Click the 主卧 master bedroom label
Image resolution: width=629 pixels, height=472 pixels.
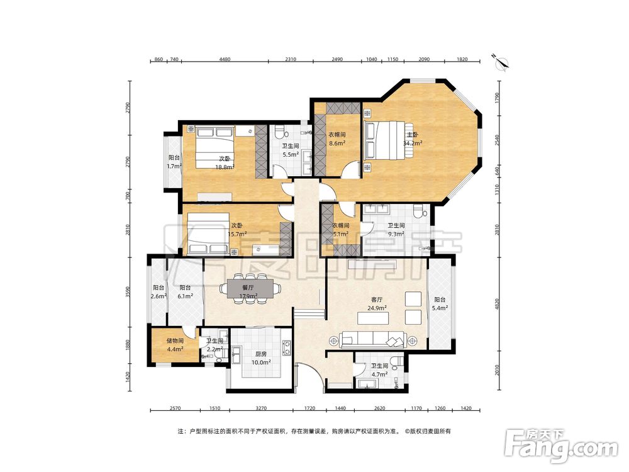click(413, 135)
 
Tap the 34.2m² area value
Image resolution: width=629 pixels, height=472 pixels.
click(413, 143)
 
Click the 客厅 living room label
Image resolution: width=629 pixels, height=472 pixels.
click(377, 300)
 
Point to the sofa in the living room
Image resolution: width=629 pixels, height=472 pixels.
click(373, 340)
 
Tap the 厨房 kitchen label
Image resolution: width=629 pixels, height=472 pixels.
click(261, 354)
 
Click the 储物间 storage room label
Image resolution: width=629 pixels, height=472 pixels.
click(175, 341)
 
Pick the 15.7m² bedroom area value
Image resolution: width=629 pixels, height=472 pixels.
click(237, 233)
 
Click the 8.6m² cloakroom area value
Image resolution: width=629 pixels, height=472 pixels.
click(337, 143)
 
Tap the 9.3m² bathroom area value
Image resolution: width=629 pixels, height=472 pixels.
click(396, 233)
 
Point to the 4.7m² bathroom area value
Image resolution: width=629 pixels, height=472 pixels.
click(379, 374)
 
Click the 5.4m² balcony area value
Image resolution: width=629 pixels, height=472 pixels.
click(440, 308)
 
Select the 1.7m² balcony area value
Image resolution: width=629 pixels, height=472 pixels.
click(174, 166)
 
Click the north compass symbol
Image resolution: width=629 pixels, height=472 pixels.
click(501, 62)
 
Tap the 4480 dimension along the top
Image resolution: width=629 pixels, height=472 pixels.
click(225, 59)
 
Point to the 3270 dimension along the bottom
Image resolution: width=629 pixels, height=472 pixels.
click(261, 408)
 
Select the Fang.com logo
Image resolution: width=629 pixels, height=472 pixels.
click(561, 446)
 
